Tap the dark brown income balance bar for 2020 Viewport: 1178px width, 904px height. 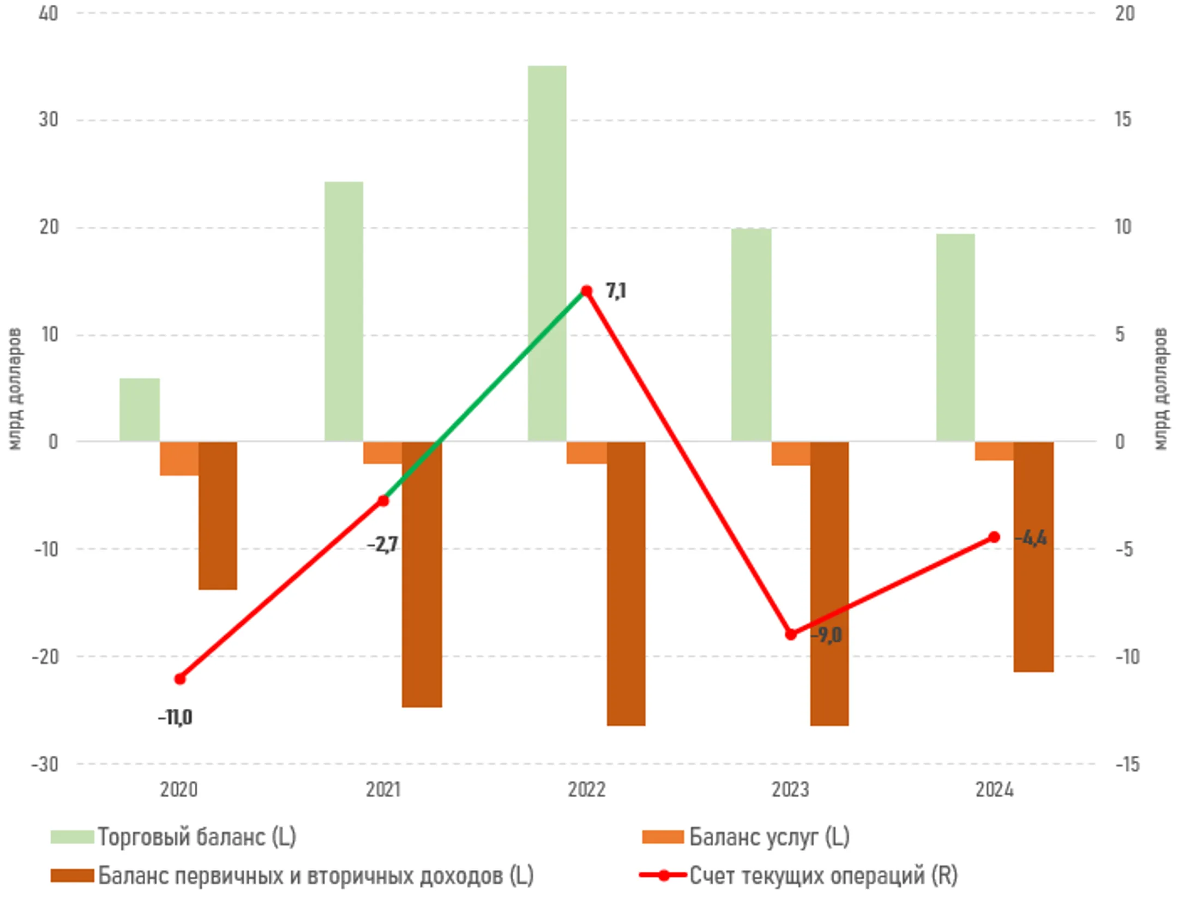pos(218,515)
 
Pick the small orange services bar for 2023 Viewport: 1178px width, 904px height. pos(790,453)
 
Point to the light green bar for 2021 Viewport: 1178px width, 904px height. pos(344,311)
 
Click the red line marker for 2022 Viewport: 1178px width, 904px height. pos(586,291)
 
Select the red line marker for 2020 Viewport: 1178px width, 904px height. pos(180,679)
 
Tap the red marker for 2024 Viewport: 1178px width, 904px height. pos(994,537)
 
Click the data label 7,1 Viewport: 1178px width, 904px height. pos(616,291)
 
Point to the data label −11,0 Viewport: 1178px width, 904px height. pos(175,718)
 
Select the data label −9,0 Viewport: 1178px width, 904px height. pos(826,635)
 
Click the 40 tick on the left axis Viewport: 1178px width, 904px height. pos(49,14)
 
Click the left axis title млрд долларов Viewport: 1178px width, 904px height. pos(15,389)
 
